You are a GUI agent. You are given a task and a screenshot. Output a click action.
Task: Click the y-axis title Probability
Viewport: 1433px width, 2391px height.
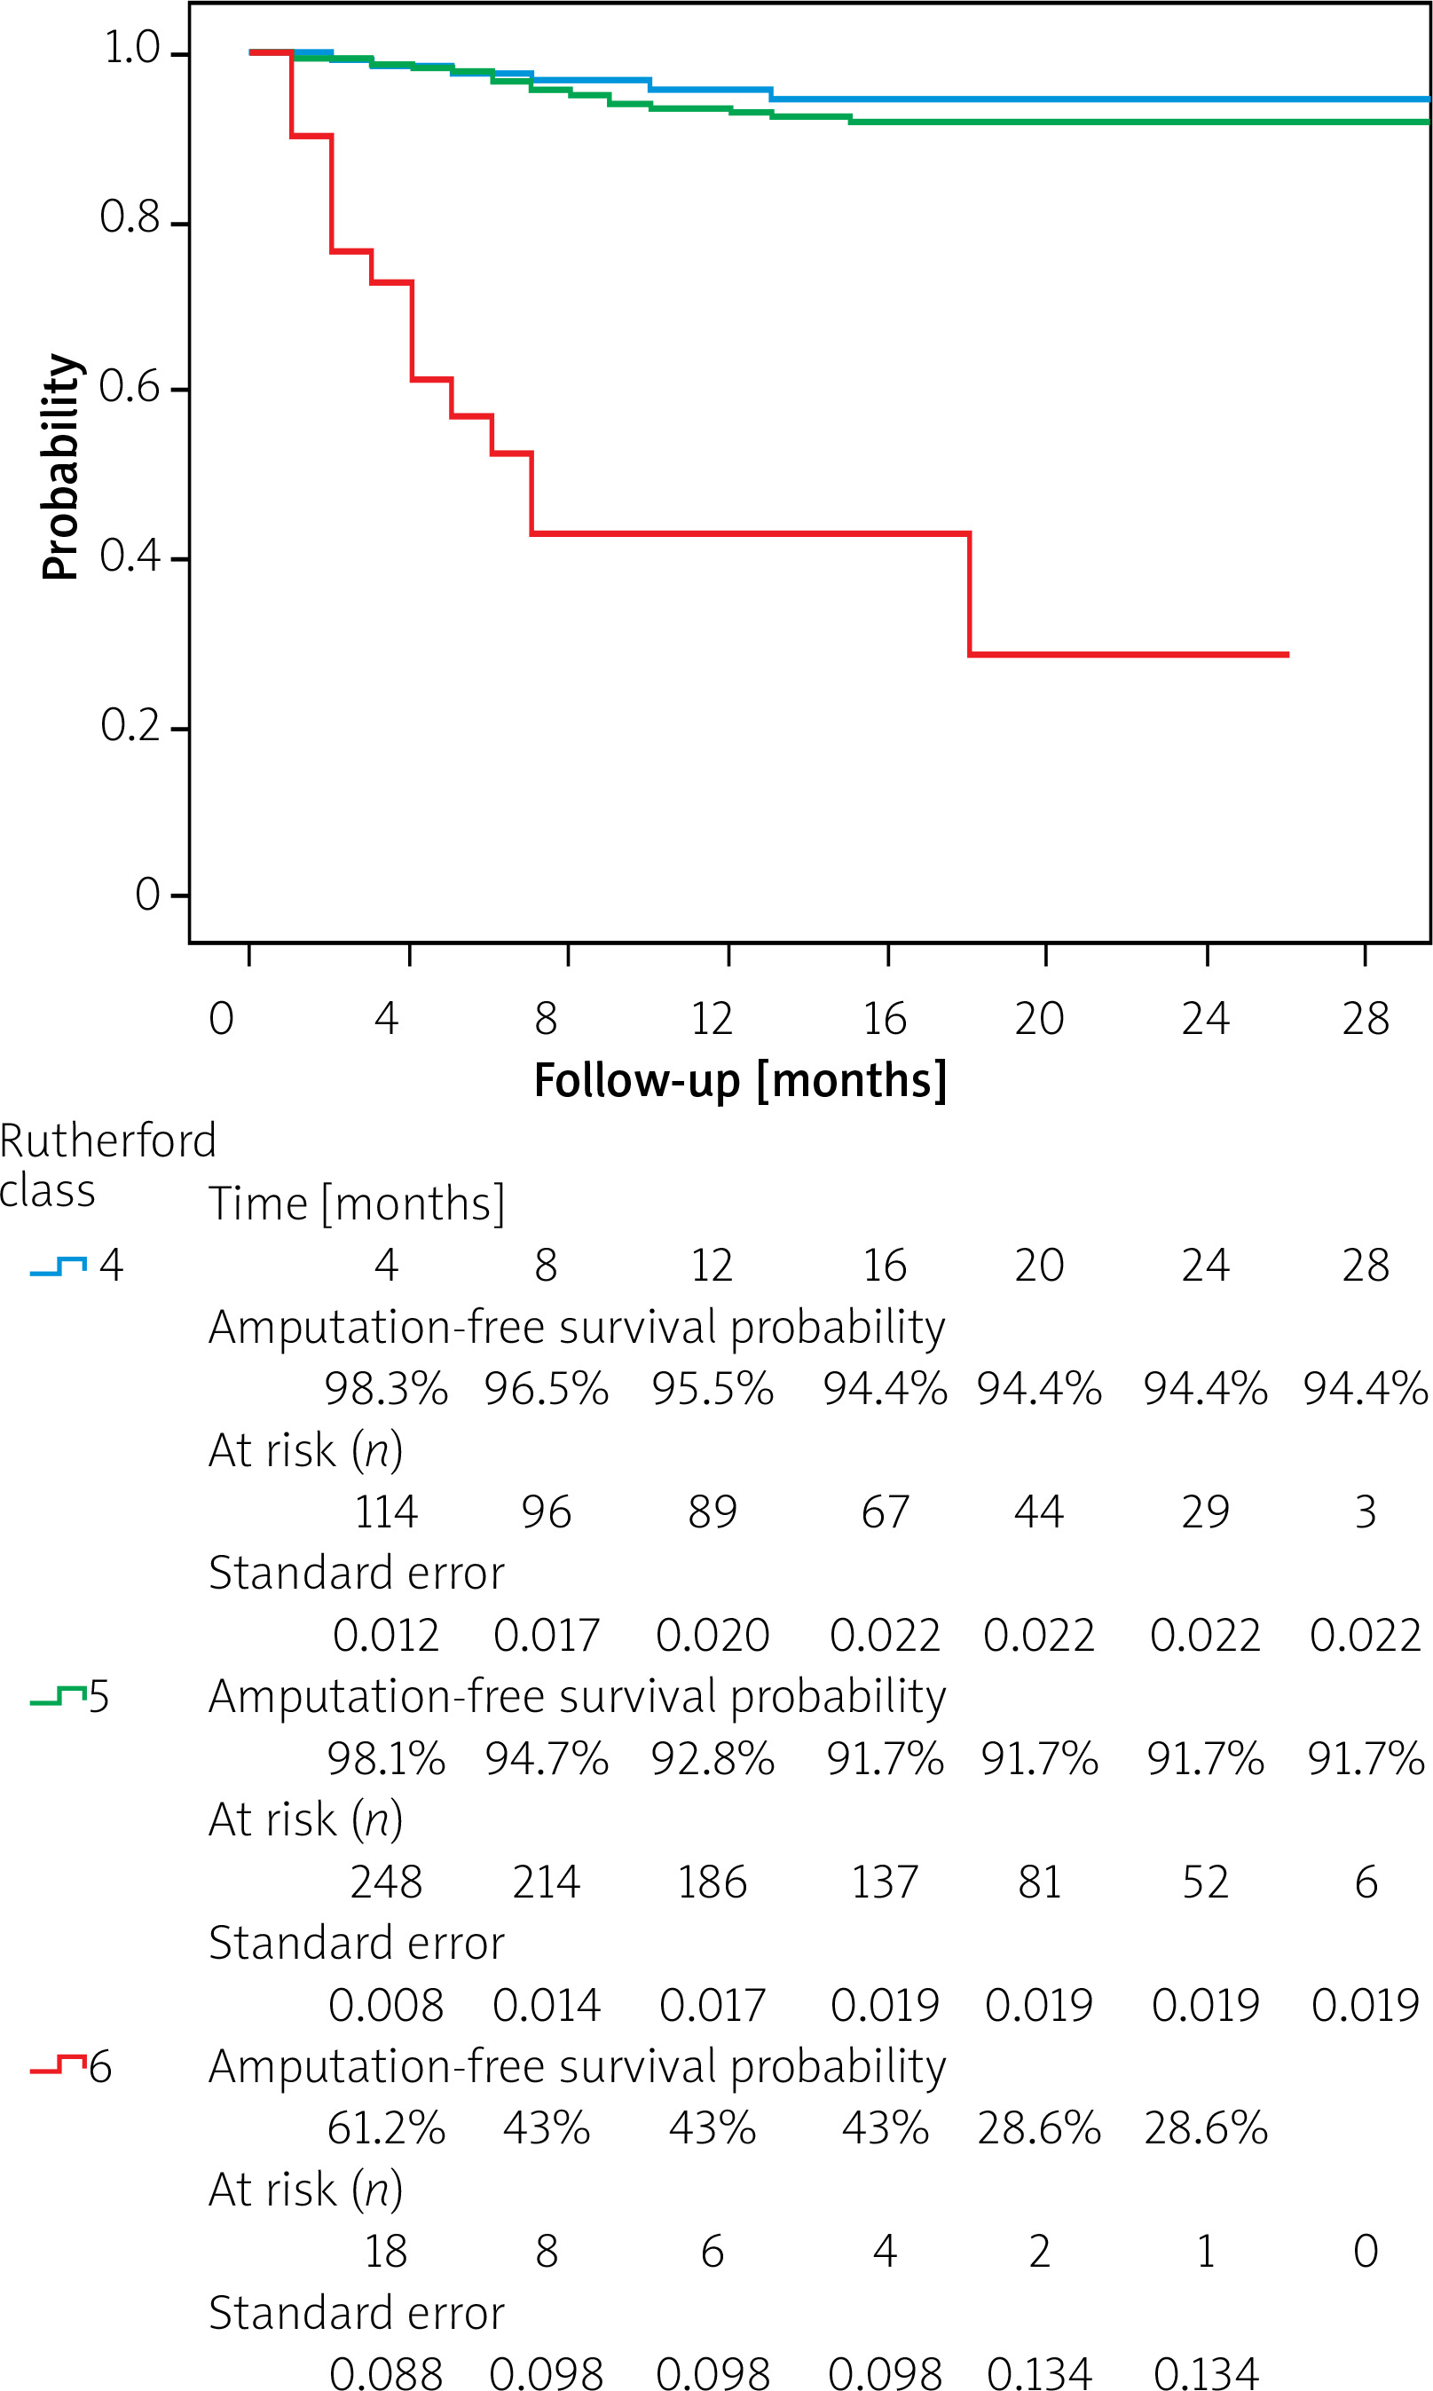pos(59,467)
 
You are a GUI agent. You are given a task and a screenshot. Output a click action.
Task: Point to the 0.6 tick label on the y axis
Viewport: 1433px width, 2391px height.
pos(130,387)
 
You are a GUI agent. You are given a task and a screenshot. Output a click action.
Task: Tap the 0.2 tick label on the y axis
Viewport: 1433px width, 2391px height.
pos(130,726)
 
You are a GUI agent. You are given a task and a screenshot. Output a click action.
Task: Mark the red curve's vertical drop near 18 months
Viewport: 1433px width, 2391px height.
pos(970,594)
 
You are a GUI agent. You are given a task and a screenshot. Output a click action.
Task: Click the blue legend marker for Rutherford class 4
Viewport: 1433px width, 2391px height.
pos(58,1266)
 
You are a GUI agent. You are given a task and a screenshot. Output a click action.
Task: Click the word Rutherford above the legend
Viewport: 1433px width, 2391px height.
pos(107,1141)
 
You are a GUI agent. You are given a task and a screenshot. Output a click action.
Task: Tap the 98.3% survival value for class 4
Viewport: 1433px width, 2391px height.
pos(385,1389)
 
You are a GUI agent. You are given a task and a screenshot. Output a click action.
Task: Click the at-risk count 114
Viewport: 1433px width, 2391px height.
pos(385,1512)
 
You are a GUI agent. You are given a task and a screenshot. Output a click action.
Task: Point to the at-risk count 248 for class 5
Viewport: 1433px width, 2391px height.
pos(385,1882)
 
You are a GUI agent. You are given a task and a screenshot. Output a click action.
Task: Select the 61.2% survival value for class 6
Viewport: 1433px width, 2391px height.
pos(385,2128)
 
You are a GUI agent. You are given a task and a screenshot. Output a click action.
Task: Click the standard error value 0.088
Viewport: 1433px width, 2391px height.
pos(385,2373)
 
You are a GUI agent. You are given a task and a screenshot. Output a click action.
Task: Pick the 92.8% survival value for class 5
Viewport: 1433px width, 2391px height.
pos(712,1758)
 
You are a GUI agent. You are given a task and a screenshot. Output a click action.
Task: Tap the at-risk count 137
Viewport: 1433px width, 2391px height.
pos(884,1882)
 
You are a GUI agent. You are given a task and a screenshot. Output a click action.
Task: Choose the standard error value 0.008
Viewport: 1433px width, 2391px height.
pos(385,2005)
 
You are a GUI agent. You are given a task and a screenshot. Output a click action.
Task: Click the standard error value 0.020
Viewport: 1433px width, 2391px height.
pos(712,1635)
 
